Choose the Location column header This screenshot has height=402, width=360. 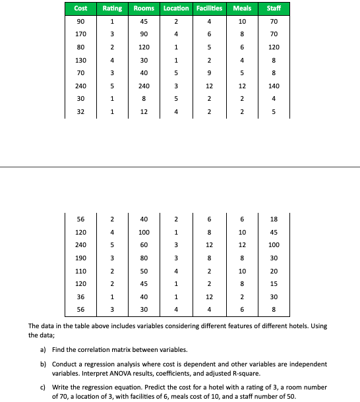(175, 8)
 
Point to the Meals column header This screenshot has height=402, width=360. (243, 8)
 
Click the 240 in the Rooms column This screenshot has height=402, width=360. (144, 86)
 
